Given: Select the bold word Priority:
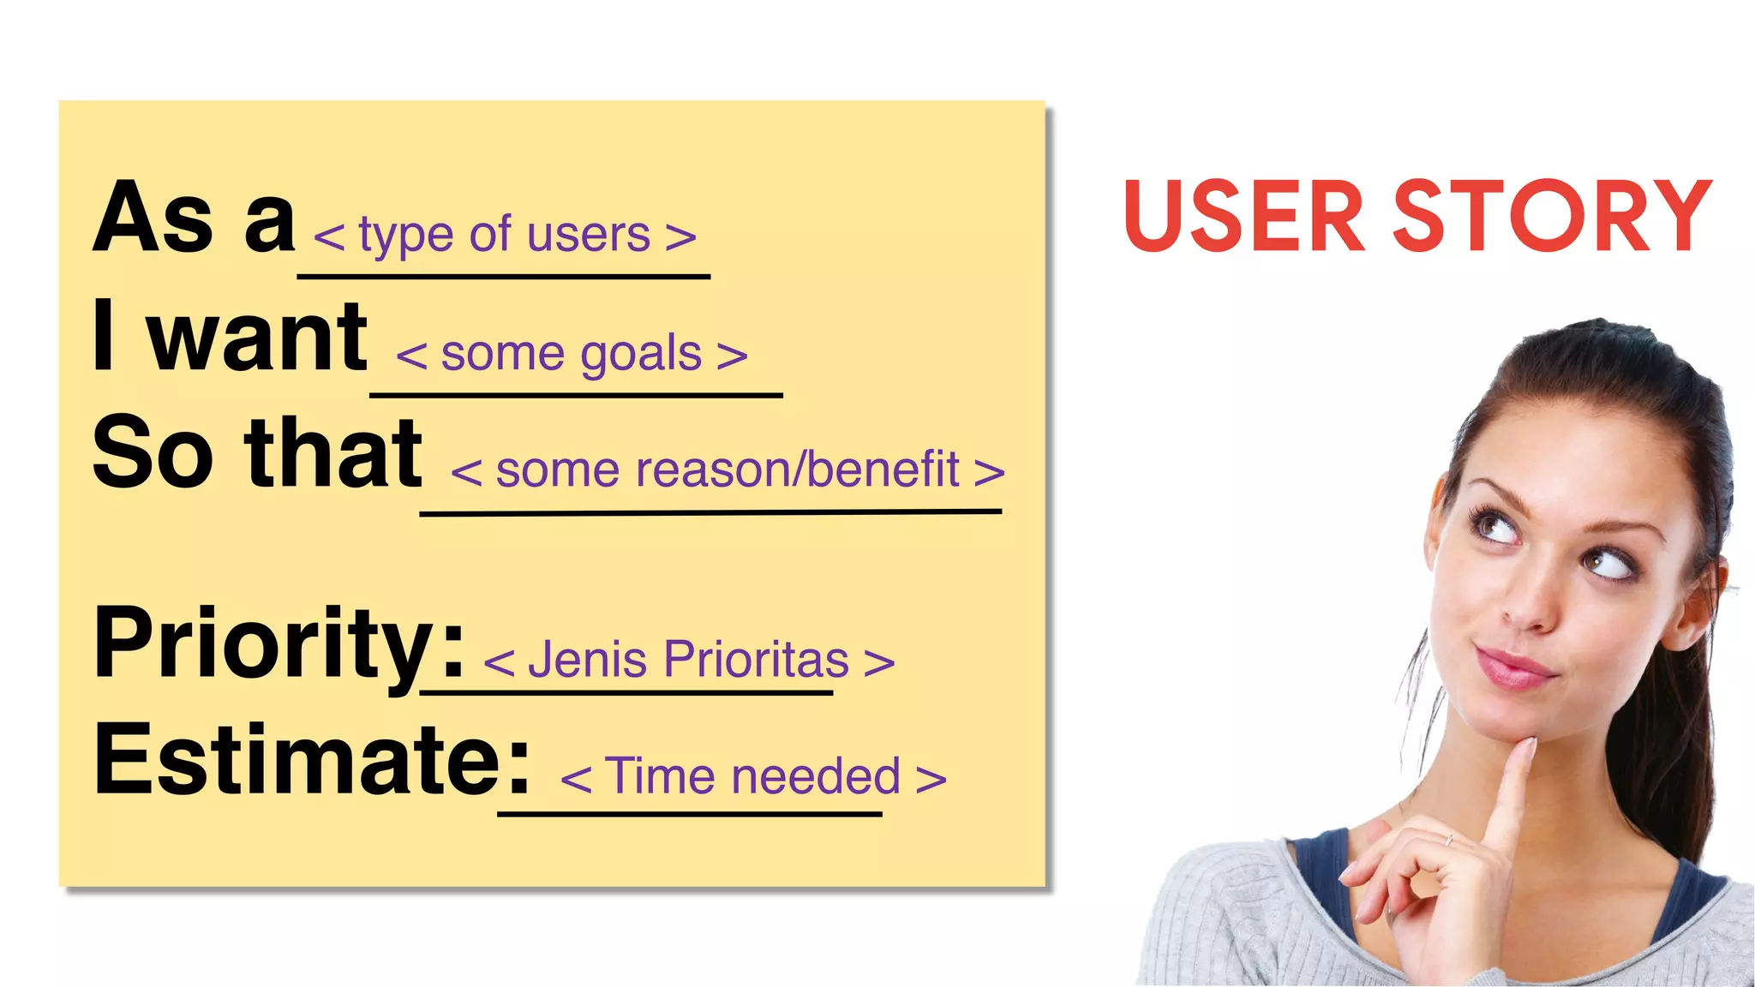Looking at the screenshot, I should point(279,643).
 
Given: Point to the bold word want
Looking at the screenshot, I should point(257,338).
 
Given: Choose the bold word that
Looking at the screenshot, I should point(333,454).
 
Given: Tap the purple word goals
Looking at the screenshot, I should point(641,355).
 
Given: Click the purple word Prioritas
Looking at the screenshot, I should point(756,660).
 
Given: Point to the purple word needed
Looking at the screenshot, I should point(816,776).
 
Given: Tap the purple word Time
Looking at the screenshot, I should point(660,776).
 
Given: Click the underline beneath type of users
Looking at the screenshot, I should point(504,276).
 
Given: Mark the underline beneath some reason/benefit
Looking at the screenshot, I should point(710,512).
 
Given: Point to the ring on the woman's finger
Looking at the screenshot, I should point(1448,840).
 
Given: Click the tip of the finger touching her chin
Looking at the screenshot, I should point(1524,748).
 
